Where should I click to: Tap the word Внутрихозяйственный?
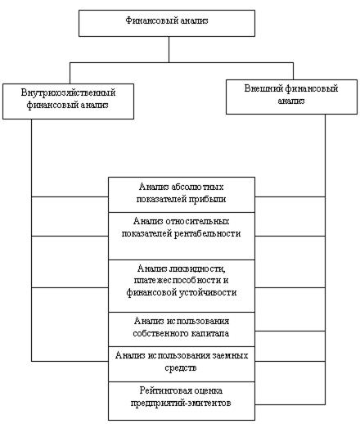pos(68,92)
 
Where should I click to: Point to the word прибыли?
pos(208,200)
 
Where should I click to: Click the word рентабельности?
pos(207,234)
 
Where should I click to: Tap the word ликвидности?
pos(197,268)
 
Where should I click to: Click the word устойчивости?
pos(208,293)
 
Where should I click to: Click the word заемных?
pos(231,356)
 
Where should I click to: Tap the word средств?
pos(181,368)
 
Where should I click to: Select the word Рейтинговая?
pos(165,390)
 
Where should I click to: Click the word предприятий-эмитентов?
pos(181,403)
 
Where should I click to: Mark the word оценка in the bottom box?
pos(209,390)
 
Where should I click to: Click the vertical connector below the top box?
pos(169,50)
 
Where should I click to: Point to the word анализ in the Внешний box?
pos(291,101)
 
